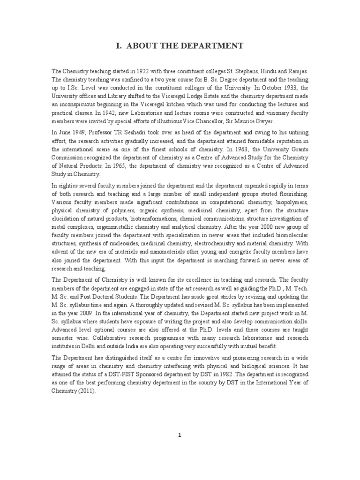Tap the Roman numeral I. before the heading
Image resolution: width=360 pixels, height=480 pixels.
click(x=119, y=45)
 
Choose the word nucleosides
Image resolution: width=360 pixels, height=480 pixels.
click(x=139, y=244)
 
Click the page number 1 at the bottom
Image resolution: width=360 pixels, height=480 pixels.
click(x=180, y=435)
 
